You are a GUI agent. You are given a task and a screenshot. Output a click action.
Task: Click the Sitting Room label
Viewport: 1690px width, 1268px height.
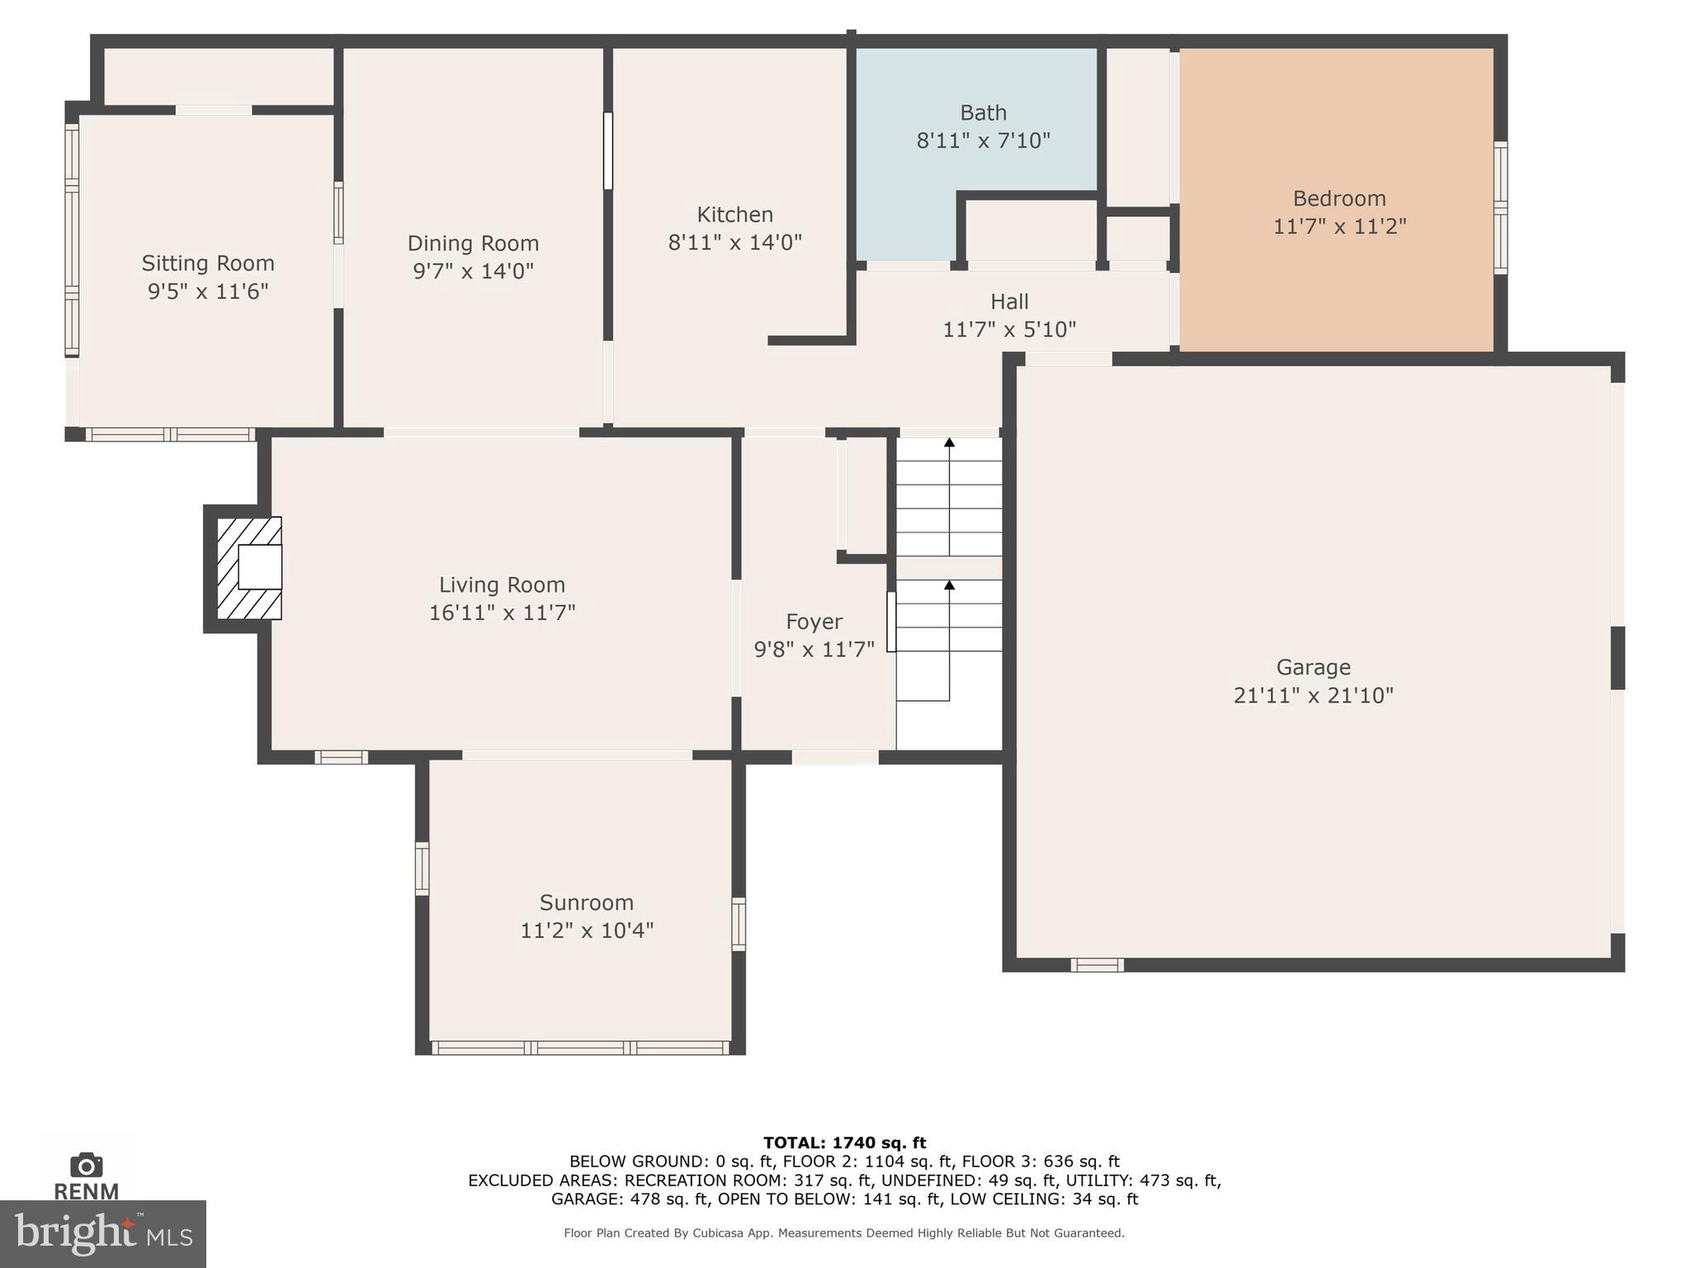[x=208, y=263]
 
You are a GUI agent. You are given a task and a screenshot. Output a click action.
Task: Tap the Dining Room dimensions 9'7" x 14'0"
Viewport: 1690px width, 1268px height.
[x=473, y=272]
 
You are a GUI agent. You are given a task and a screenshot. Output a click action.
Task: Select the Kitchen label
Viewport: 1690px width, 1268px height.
[x=734, y=215]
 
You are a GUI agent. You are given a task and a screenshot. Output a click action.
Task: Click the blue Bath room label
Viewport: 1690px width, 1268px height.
[x=983, y=112]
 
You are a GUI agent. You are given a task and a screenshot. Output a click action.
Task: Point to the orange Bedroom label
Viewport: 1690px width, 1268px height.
[x=1338, y=199]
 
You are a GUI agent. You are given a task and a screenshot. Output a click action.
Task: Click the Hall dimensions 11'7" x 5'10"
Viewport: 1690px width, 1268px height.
[x=1009, y=330]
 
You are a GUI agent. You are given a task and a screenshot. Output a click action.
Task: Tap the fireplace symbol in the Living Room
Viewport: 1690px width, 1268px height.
[x=249, y=568]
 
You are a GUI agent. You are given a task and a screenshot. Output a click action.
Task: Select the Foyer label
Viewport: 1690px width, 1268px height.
[x=814, y=622]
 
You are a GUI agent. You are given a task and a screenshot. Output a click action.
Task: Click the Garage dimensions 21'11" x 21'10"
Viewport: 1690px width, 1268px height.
[x=1313, y=696]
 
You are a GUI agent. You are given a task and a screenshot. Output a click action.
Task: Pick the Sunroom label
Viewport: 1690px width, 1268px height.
[x=586, y=902]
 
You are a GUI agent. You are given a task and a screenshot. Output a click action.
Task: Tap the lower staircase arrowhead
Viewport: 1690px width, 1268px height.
[x=949, y=585]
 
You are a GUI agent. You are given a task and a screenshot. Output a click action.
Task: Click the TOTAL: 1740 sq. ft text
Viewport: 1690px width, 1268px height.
[x=844, y=1143]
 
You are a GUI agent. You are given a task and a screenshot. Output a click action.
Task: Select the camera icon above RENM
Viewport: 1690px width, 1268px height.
[x=86, y=1166]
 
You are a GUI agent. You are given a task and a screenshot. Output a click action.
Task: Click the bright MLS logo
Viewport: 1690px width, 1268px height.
[x=102, y=1233]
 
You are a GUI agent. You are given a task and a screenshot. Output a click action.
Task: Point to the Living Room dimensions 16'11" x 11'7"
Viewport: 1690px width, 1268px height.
[x=502, y=613]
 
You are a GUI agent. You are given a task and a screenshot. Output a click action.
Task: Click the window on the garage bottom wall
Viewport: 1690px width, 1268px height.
[x=1097, y=965]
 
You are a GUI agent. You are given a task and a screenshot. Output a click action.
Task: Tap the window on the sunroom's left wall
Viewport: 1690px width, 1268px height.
[x=422, y=868]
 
